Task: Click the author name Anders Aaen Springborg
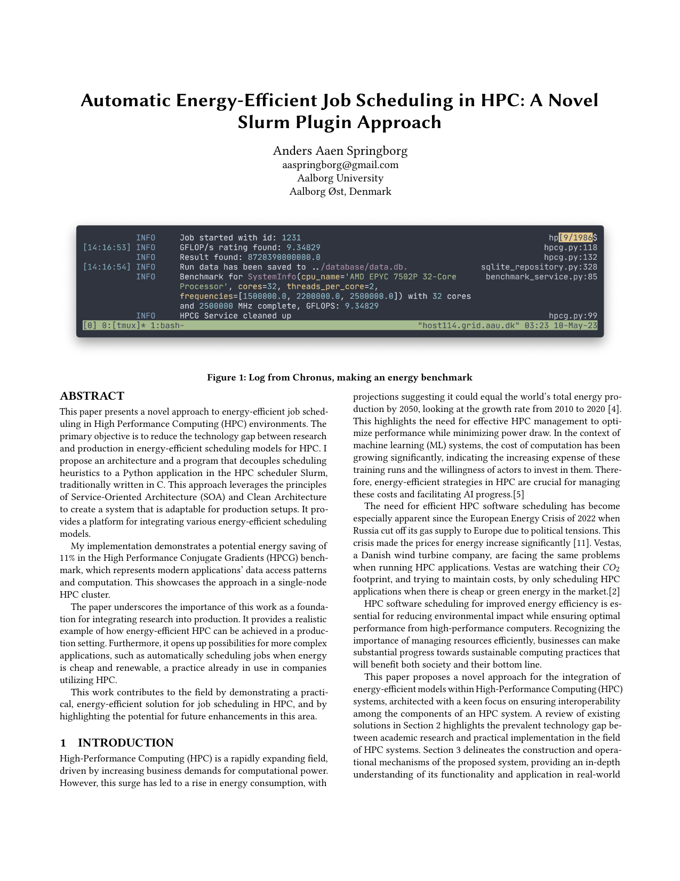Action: (x=340, y=150)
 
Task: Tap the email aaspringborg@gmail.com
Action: (x=340, y=165)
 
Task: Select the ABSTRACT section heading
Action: (x=92, y=396)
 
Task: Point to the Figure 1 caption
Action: (x=340, y=378)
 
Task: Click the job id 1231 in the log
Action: (x=291, y=237)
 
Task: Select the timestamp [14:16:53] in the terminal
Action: (x=107, y=248)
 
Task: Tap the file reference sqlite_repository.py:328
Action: (x=539, y=267)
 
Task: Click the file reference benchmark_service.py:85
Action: (x=541, y=277)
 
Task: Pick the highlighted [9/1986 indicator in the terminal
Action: (x=575, y=237)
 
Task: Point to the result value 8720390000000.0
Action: (x=284, y=257)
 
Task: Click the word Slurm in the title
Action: (x=261, y=122)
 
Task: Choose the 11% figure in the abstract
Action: (x=68, y=558)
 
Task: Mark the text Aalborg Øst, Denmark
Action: (x=340, y=192)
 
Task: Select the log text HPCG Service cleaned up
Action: (x=235, y=316)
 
